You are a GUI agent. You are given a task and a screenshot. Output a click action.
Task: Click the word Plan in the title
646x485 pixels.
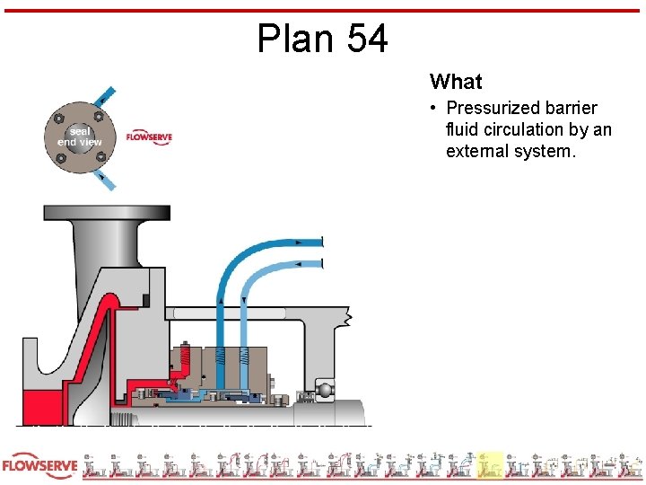(292, 40)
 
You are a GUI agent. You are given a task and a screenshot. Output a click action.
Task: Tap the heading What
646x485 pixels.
(456, 82)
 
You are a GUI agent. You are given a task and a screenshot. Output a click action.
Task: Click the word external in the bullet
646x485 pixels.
(477, 151)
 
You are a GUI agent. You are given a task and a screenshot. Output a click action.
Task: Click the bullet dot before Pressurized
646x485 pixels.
(432, 108)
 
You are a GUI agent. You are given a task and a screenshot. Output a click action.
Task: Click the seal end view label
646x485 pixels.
(80, 137)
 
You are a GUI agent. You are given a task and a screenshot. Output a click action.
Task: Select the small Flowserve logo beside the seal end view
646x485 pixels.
(148, 137)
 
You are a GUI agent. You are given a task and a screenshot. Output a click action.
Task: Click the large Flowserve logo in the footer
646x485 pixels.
(39, 467)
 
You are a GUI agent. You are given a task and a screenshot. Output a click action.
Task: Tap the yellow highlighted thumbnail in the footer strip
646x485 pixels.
(490, 465)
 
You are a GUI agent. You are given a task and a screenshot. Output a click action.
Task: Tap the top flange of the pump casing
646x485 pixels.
(107, 213)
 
